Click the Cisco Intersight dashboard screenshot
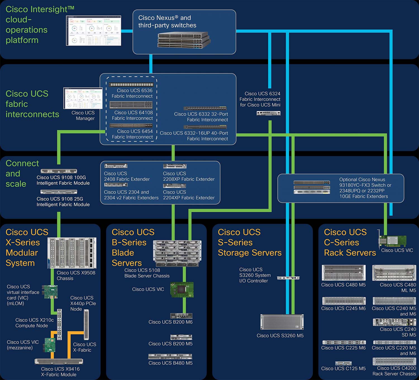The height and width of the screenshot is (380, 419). (94, 30)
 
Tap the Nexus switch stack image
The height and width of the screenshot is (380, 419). (184, 40)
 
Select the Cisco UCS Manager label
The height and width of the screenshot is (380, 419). (83, 115)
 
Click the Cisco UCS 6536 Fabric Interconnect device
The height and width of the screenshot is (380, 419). (131, 84)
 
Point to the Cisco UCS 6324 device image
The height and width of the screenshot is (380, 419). (268, 113)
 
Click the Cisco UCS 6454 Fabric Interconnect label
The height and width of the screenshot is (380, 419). (132, 134)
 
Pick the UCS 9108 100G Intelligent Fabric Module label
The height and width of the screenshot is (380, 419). (63, 180)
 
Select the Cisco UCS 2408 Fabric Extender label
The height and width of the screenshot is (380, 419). (127, 176)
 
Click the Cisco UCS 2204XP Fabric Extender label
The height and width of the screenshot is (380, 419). (189, 195)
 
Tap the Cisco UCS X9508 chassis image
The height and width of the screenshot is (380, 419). (72, 253)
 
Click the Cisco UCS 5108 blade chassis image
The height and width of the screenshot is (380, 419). (177, 253)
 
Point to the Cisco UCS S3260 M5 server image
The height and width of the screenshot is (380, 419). (282, 322)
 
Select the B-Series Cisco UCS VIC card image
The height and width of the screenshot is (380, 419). (182, 290)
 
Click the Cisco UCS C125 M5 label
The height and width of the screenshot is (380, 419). (343, 369)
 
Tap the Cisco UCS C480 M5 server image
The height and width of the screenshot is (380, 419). (343, 273)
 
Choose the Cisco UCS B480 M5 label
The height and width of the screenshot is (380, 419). (170, 363)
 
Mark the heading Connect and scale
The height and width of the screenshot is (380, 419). (22, 173)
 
